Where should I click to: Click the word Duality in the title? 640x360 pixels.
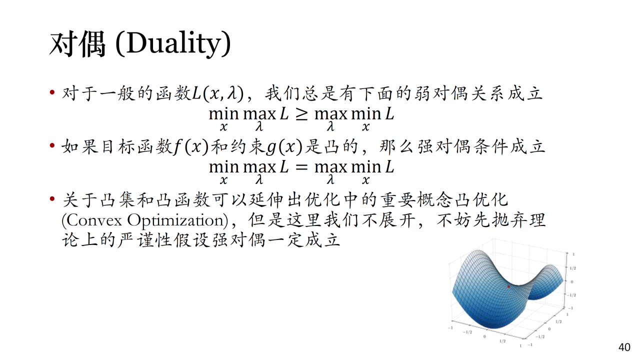[x=174, y=43]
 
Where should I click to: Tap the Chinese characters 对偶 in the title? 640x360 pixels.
[x=77, y=44]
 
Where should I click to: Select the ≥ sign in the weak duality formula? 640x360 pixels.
[x=301, y=114]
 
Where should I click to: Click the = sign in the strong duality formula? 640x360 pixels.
[x=301, y=167]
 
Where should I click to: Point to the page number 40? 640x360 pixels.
[x=624, y=347]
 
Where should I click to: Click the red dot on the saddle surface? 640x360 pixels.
[x=508, y=286]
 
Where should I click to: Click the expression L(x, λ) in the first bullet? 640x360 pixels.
[x=217, y=93]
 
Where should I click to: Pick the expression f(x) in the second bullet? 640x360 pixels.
[x=191, y=147]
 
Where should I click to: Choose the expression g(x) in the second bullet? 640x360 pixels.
[x=284, y=147]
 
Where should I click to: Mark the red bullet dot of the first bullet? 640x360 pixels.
[x=52, y=92]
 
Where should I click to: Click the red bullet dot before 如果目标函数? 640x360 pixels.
[x=52, y=145]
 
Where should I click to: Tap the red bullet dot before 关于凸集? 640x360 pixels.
[x=52, y=198]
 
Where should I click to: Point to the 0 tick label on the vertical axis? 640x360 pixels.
[x=571, y=281]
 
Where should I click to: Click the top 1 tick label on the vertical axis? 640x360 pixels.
[x=573, y=254]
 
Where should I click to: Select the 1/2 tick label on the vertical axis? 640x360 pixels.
[x=573, y=268]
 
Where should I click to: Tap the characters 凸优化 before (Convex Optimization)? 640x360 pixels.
[x=481, y=199]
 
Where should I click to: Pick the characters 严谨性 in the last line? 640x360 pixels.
[x=145, y=239]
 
